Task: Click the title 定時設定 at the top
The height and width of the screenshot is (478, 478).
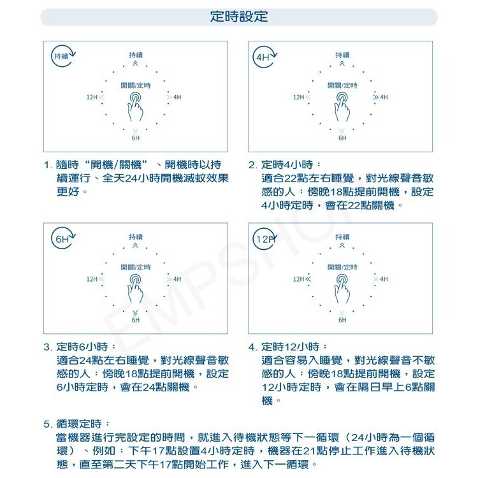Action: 239,17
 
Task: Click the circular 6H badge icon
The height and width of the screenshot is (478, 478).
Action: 62,239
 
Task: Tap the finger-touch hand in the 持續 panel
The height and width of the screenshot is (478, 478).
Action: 136,106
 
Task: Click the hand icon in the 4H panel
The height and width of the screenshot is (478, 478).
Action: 342,106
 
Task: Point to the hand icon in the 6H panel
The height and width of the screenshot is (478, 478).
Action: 136,287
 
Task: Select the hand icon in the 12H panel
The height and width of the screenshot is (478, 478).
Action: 342,287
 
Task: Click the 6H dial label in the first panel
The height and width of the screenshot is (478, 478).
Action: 136,138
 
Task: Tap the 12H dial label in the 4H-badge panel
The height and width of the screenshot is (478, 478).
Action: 298,98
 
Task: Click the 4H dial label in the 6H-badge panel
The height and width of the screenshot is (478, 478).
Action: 177,279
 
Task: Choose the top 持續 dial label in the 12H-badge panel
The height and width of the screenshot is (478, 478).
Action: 342,237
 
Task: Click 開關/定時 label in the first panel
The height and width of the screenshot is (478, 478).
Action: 136,85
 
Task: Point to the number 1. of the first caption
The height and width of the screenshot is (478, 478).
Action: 48,165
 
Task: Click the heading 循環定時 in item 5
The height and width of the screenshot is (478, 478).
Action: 82,424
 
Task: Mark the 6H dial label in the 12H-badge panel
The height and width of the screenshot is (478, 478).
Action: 342,319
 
